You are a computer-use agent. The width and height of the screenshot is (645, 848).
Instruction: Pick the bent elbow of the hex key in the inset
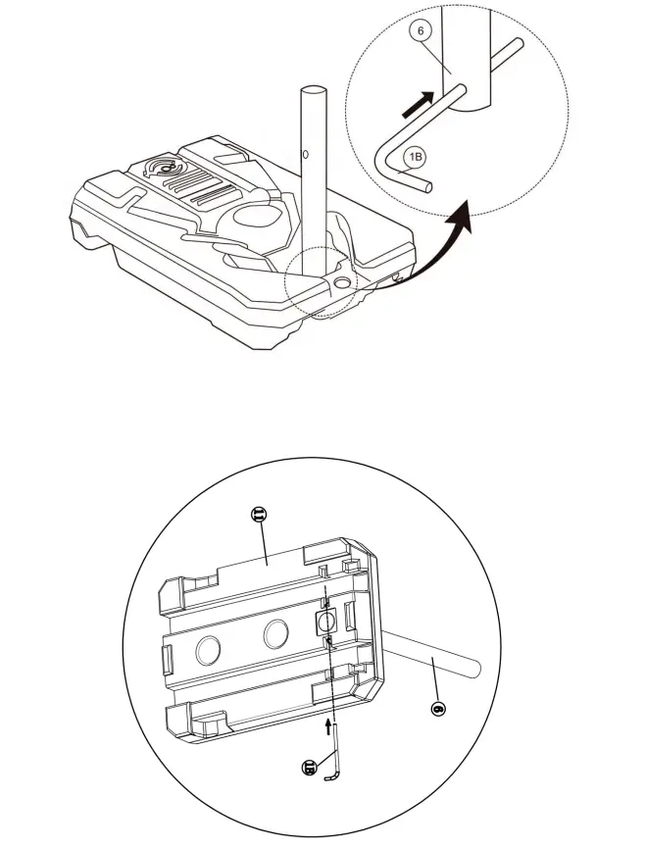384,156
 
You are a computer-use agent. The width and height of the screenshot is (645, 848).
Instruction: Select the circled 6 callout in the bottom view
439,706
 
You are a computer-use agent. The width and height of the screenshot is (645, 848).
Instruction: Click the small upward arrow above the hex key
326,726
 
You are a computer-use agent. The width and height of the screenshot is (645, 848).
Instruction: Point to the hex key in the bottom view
335,755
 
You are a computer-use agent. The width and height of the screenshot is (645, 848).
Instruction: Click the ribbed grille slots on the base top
209,185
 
